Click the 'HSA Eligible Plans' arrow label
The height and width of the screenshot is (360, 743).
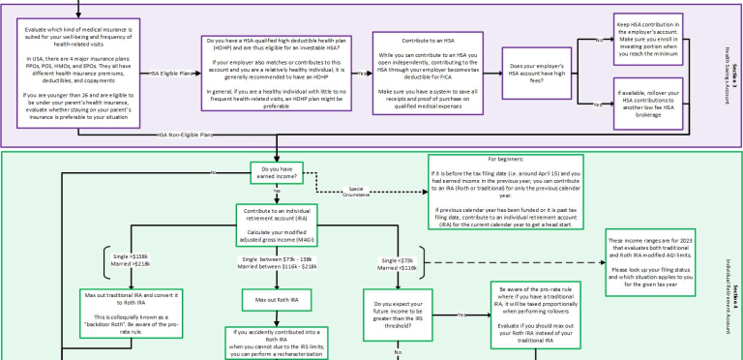(x=170, y=74)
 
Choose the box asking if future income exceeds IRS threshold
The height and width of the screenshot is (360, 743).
(x=397, y=315)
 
